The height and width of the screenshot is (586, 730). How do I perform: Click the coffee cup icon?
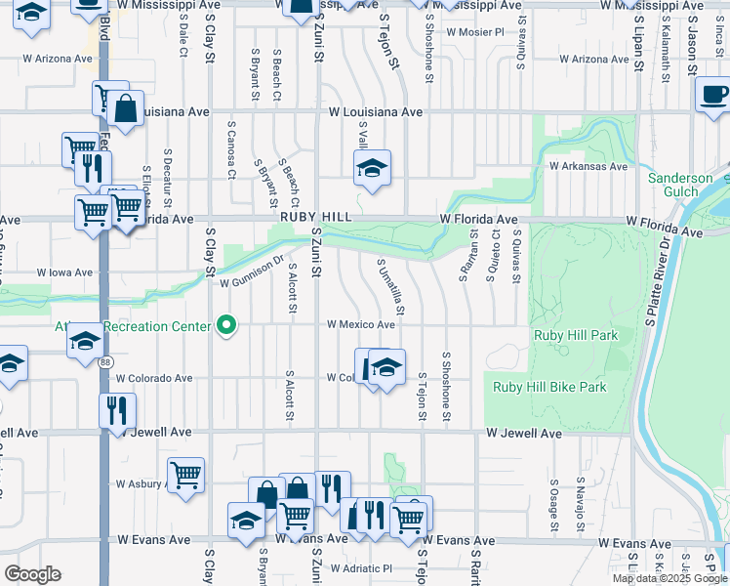click(x=714, y=95)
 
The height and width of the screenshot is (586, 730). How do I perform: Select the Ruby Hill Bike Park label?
click(x=549, y=387)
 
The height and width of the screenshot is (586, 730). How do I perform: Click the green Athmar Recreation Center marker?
click(x=227, y=325)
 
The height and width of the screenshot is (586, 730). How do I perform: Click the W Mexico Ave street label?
click(x=360, y=324)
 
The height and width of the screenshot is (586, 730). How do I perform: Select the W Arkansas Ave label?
click(x=588, y=166)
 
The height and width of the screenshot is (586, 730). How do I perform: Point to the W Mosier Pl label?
click(x=474, y=31)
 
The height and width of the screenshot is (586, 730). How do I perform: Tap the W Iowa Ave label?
click(x=64, y=272)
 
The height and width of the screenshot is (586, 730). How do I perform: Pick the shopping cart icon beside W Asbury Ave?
click(x=185, y=476)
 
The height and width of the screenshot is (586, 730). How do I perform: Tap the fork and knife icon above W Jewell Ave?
click(x=117, y=410)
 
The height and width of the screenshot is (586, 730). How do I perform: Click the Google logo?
click(x=32, y=574)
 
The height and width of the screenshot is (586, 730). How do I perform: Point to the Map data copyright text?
click(x=669, y=578)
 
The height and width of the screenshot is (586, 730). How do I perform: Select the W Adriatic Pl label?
click(x=361, y=567)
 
